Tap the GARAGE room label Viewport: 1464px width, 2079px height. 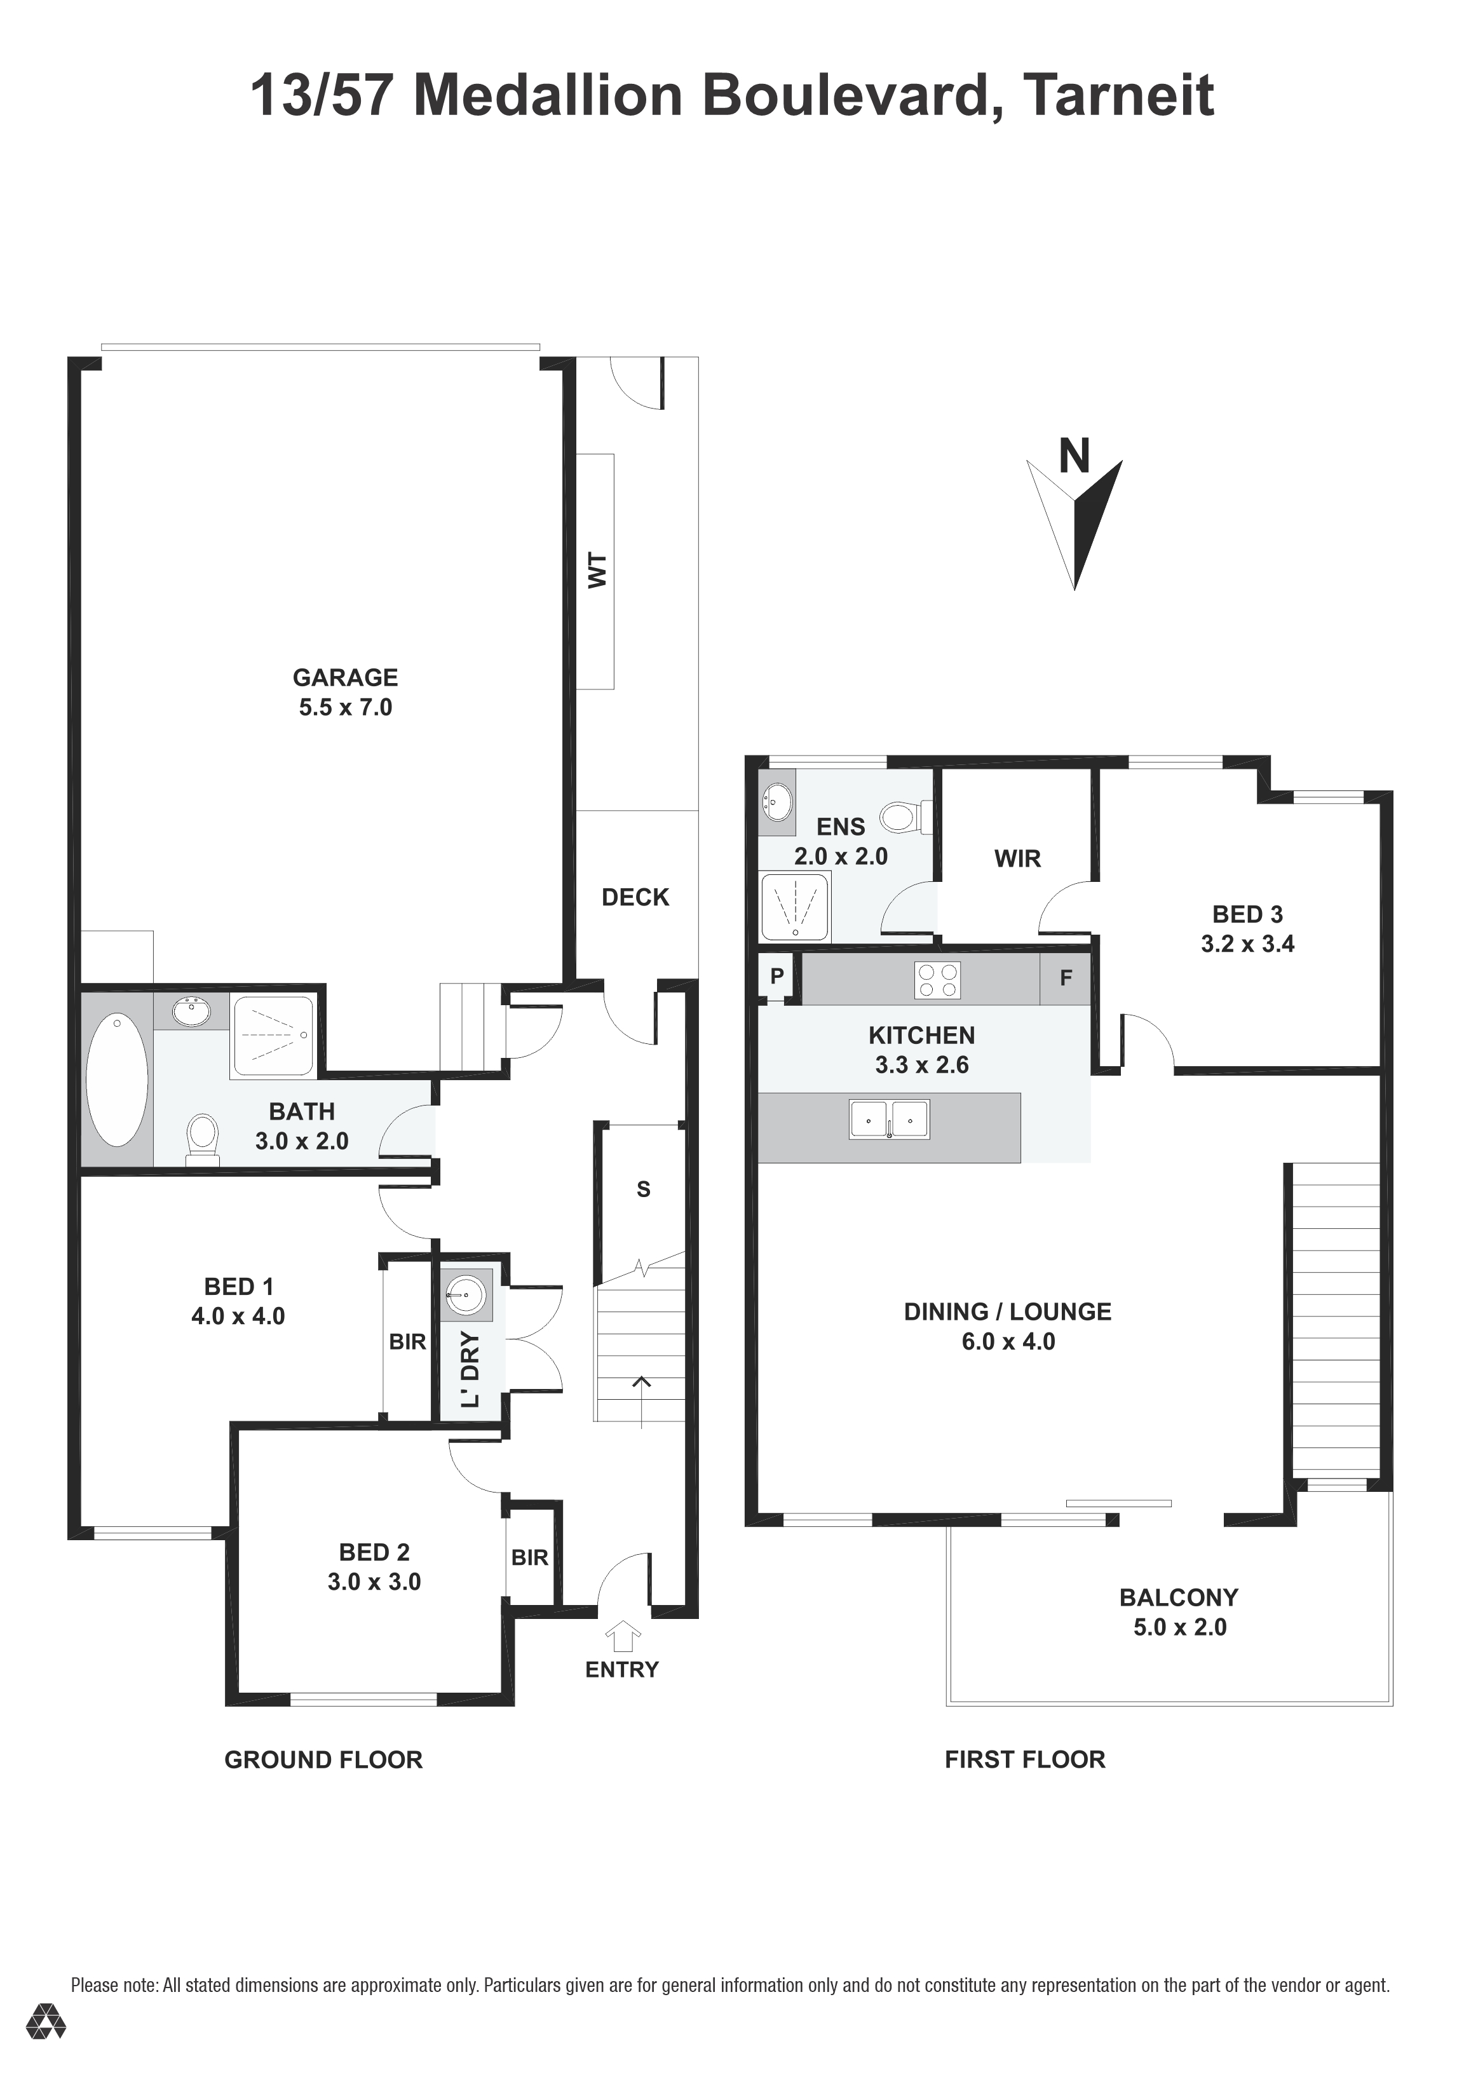345,677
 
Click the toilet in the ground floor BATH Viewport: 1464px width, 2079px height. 203,1139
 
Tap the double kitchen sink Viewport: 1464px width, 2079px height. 889,1119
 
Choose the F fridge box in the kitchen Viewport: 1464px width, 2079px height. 1065,978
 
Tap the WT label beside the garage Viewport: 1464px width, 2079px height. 597,571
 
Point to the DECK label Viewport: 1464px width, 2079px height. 635,897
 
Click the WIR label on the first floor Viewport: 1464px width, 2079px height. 1018,858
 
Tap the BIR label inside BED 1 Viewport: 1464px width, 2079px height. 407,1342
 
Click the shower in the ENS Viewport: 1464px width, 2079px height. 795,907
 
